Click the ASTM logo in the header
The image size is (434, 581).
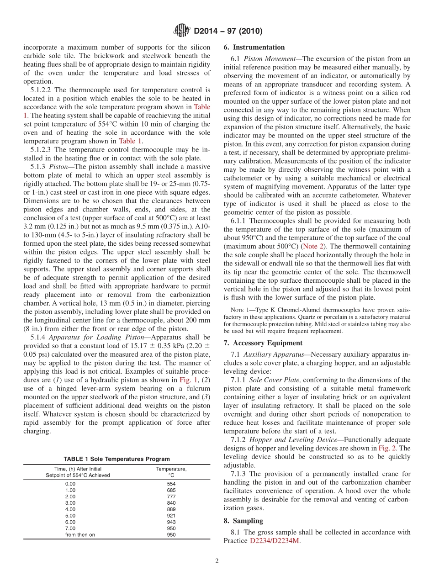point(182,31)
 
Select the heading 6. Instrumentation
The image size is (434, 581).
point(254,48)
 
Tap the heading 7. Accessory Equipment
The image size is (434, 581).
point(263,343)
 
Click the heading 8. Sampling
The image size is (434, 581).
point(243,521)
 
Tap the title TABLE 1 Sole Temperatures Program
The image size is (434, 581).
point(116,459)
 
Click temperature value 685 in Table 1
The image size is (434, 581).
point(171,490)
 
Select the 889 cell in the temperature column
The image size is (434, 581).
point(171,509)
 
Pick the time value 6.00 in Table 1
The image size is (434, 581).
point(70,522)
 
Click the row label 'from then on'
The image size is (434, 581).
point(80,535)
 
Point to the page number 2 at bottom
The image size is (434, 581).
point(217,561)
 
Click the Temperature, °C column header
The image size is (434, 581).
point(171,472)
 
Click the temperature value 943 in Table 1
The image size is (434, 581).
point(171,522)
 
